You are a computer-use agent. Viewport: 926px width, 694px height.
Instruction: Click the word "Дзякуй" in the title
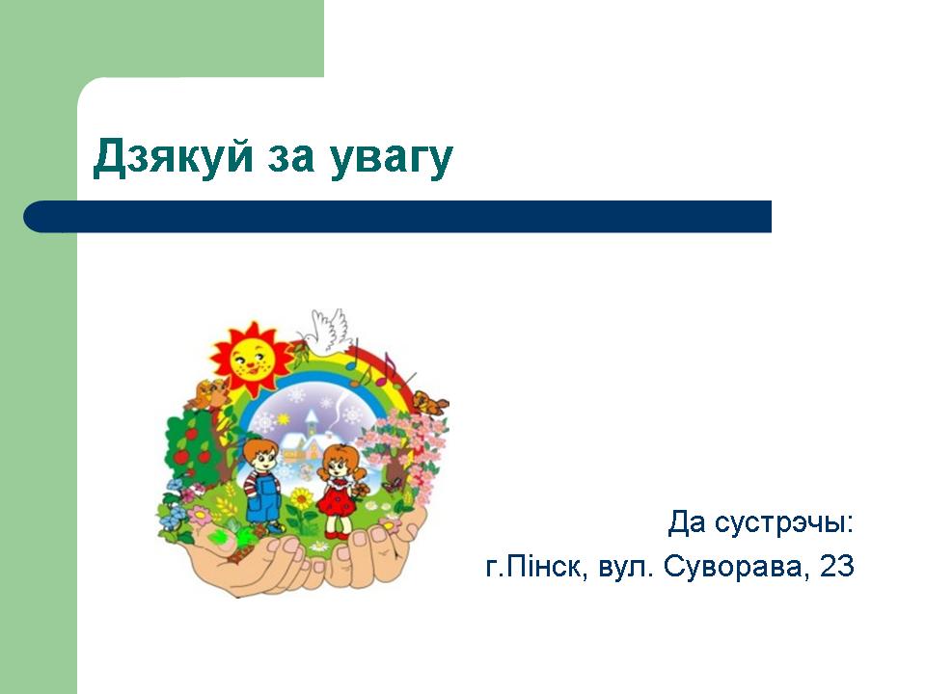173,157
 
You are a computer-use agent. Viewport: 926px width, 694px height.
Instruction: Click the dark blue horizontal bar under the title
397,216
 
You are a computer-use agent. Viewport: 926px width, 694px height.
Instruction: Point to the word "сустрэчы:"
784,523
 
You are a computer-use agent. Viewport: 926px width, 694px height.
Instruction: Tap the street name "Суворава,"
736,567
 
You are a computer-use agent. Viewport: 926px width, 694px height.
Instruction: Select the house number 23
837,567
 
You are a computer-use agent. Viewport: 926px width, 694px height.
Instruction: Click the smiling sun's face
253,357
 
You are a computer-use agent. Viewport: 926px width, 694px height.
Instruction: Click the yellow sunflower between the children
302,499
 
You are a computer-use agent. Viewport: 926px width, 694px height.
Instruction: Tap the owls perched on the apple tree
208,394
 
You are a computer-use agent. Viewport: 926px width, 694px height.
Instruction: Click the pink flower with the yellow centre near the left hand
200,515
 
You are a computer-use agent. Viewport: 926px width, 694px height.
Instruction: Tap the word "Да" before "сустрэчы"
688,522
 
